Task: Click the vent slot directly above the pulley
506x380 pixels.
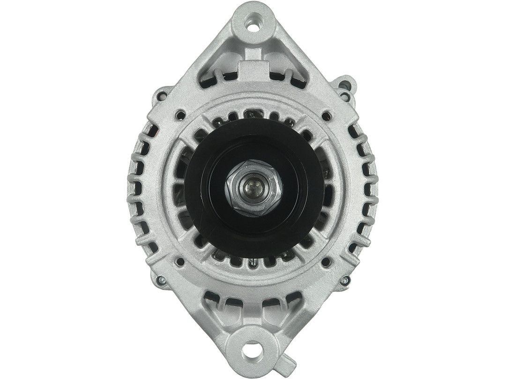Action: (253, 115)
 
